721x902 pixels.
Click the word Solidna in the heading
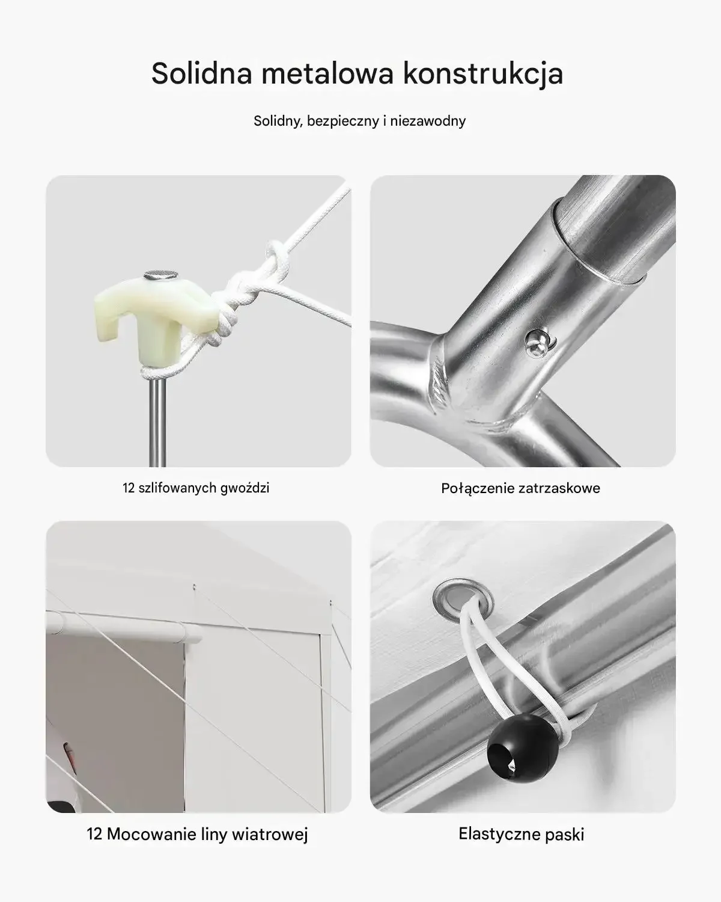coord(201,73)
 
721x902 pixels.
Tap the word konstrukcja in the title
coord(483,74)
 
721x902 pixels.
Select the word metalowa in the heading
coord(327,73)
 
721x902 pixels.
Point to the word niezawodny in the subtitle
coord(428,121)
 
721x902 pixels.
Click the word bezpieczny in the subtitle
coord(342,121)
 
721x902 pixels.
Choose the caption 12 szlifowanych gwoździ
coord(196,488)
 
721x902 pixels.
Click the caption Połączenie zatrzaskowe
coord(520,488)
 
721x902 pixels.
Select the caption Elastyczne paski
coord(521,835)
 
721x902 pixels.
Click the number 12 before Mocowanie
coord(94,834)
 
